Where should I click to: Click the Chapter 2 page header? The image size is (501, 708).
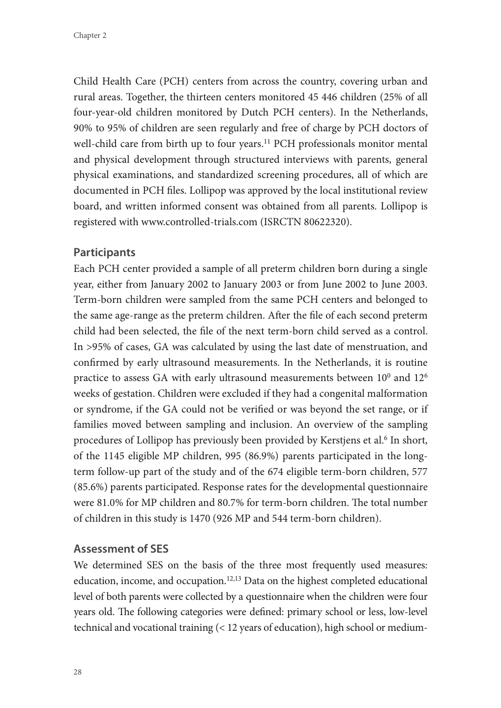point(90,35)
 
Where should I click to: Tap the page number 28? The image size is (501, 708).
point(78,672)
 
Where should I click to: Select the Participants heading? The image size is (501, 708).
point(104,253)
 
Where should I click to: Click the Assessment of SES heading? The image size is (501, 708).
point(121,549)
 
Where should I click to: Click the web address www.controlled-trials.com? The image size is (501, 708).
point(199,222)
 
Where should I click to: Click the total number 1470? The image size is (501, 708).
point(200,519)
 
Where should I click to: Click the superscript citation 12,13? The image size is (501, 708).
point(234,579)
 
